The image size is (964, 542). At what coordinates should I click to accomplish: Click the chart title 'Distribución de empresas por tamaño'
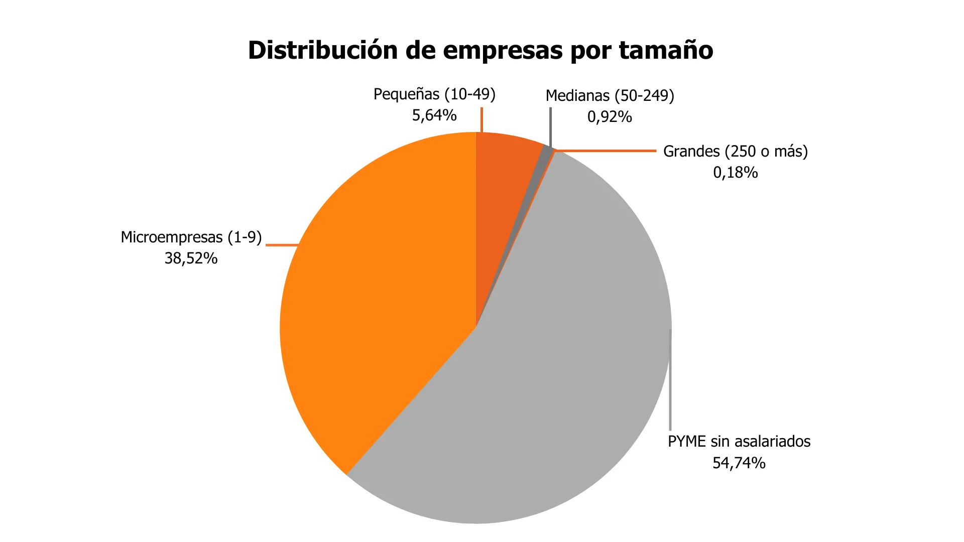(x=480, y=50)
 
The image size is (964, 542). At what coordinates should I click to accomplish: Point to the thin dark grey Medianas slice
(x=545, y=153)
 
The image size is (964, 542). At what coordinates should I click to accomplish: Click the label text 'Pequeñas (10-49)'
(x=434, y=94)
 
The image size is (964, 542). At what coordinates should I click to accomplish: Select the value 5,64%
(x=434, y=115)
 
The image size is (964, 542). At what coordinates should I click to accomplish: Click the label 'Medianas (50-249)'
(x=610, y=95)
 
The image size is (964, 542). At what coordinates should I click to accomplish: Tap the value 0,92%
(x=610, y=117)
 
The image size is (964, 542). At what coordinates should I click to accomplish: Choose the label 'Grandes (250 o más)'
(x=736, y=151)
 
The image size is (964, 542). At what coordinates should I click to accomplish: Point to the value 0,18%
(x=736, y=173)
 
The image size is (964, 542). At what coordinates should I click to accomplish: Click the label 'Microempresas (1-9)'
(x=191, y=237)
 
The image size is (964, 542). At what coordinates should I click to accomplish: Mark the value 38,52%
(x=191, y=258)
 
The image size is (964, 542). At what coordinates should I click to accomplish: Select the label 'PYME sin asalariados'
(x=739, y=442)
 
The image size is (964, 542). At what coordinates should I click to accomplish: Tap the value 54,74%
(x=739, y=463)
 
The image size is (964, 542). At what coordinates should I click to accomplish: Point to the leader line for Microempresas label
(x=281, y=245)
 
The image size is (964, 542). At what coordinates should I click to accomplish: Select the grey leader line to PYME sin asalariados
(x=670, y=381)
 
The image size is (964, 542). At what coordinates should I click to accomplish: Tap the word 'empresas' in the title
(x=502, y=50)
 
